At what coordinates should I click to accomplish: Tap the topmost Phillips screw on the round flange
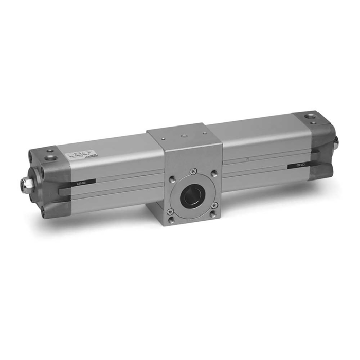click(x=192, y=172)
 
